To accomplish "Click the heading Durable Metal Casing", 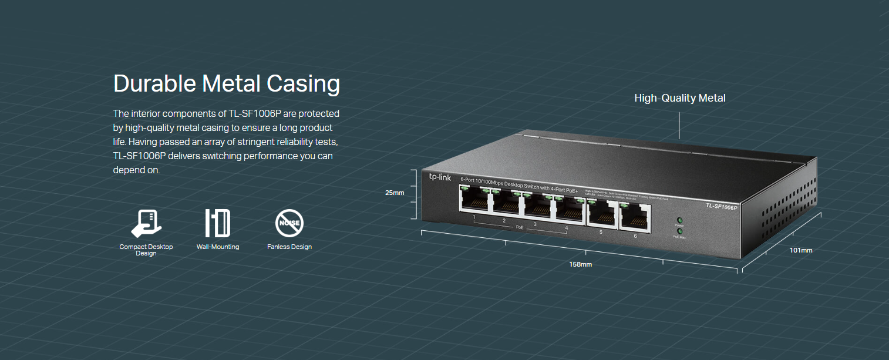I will click(x=226, y=83).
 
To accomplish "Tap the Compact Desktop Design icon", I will click(x=146, y=223).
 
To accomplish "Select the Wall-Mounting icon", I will click(x=218, y=223).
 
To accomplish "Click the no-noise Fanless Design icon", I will click(x=289, y=223).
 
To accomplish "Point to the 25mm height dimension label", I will click(x=395, y=193).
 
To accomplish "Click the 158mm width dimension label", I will click(x=581, y=264).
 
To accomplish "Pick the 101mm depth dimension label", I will click(x=801, y=250).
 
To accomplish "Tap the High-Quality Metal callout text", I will click(x=680, y=98).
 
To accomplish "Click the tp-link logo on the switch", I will click(x=440, y=177).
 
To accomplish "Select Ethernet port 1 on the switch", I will click(x=474, y=200).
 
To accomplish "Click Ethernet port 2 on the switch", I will click(x=506, y=203).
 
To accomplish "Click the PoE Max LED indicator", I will click(x=679, y=231).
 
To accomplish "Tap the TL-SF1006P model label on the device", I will click(x=721, y=206).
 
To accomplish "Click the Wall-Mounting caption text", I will click(x=218, y=247).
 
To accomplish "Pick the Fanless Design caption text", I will click(x=289, y=247).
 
